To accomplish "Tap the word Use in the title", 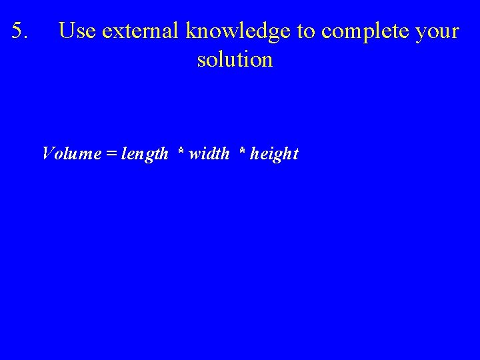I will click(77, 31).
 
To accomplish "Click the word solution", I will click(235, 60).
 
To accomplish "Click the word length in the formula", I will click(145, 155).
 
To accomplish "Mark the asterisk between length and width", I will click(181, 151).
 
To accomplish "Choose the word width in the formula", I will click(209, 154).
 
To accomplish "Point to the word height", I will click(274, 155).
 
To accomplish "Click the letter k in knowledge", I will click(191, 31).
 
